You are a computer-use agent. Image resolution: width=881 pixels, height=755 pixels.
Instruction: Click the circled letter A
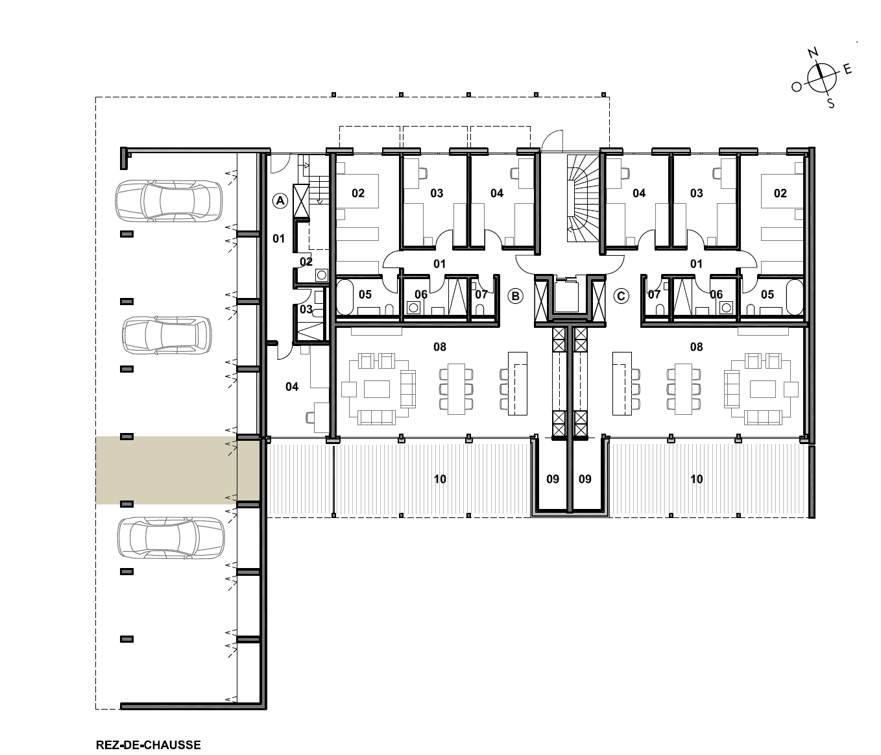coord(280,201)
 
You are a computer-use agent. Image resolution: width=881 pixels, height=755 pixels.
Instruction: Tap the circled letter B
coord(515,295)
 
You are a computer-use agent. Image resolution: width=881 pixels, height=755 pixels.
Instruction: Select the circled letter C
coord(621,295)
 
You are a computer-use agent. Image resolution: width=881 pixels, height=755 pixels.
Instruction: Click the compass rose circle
coord(821,78)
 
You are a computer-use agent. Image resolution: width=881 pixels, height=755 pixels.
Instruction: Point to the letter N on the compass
coord(814,53)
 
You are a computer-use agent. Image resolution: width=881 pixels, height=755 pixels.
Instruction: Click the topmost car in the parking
coord(169,201)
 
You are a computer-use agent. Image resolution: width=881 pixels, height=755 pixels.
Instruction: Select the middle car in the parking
coord(167,335)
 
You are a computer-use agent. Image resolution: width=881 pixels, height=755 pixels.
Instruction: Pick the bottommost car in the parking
coord(171,538)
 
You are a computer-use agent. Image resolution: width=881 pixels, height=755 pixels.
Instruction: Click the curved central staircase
coord(583,199)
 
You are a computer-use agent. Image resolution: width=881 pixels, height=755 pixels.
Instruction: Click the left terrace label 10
coord(440,479)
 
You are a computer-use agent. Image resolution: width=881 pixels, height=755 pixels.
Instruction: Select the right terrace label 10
coord(697,479)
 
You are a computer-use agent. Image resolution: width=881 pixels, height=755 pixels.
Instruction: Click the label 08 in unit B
coord(440,347)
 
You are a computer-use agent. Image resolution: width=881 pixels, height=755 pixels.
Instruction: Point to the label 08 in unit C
coord(697,347)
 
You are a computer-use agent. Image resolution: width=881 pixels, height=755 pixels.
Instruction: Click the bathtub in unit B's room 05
coord(345,297)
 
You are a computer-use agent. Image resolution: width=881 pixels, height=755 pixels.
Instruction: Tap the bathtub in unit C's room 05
coord(795,297)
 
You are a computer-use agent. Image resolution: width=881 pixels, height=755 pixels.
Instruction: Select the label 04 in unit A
coord(292,387)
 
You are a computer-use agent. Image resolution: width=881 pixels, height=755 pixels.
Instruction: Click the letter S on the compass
coord(831,103)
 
